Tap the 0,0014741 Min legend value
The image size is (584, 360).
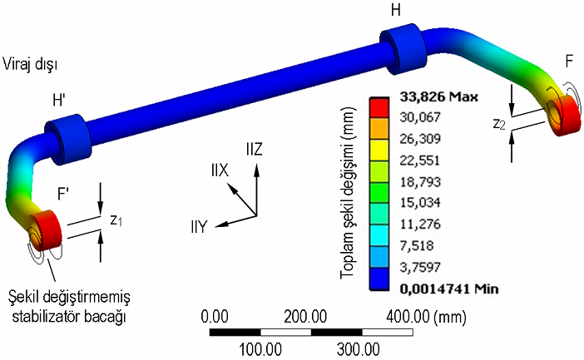443,288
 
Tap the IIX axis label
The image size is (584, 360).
219,170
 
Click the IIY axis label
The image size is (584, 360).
200,225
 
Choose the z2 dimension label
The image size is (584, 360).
497,124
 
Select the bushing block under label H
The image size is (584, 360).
404,51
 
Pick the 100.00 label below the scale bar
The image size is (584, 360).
260,348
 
